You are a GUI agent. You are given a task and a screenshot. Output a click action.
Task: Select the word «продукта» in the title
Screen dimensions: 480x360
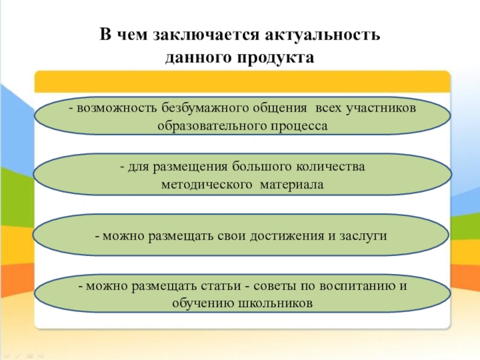(x=278, y=58)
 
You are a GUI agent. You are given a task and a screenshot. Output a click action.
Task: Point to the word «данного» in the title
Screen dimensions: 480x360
(x=199, y=58)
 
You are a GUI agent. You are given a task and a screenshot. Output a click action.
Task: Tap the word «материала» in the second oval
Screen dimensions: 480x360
(x=292, y=185)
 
